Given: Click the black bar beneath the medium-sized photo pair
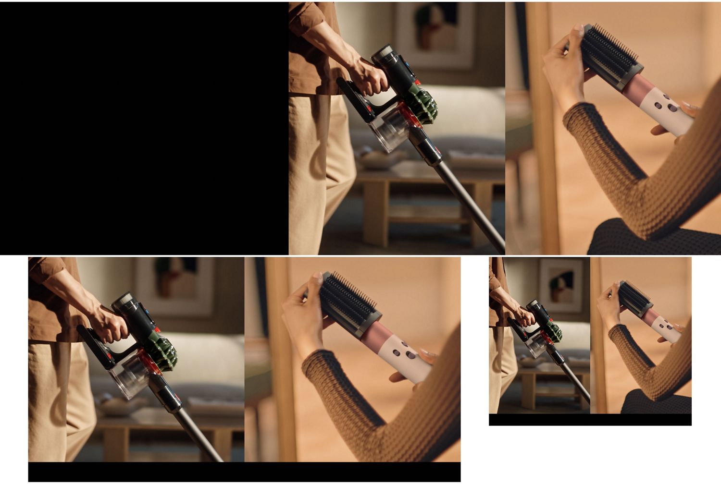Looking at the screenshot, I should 244,472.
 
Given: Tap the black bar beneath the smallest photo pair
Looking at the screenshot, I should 590,420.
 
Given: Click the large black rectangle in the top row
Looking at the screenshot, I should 144,128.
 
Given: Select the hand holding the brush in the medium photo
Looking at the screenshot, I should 303,312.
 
